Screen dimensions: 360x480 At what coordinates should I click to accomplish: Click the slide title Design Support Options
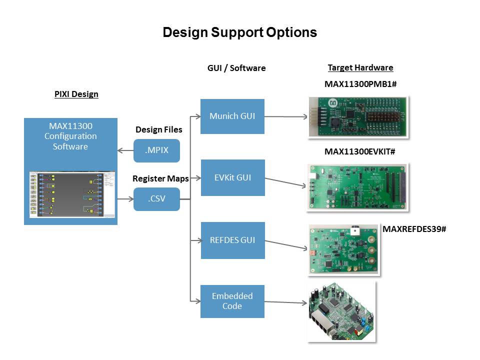tap(239, 32)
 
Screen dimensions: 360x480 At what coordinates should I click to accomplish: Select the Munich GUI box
tap(232, 116)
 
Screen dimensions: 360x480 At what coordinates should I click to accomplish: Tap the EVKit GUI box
tap(232, 177)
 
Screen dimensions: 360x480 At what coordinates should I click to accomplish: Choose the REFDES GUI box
tap(232, 240)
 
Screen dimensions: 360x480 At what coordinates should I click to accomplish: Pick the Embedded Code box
tap(232, 301)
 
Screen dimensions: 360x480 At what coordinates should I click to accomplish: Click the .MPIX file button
tap(156, 150)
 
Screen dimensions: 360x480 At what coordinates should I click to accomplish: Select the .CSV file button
tap(156, 199)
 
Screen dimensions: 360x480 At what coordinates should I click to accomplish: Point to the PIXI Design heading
tap(76, 94)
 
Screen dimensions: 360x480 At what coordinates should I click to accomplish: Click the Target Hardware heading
tap(360, 68)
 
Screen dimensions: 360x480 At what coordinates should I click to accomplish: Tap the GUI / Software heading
tap(236, 68)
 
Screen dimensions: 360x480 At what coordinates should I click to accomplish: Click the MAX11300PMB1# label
tap(360, 84)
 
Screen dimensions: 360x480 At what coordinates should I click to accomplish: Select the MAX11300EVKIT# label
tap(360, 151)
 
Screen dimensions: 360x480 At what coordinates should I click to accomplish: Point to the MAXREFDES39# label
tap(414, 229)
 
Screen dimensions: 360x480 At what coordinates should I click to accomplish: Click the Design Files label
tap(159, 130)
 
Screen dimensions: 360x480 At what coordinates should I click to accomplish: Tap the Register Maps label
tap(160, 178)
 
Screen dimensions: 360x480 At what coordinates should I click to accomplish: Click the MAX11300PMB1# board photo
tap(358, 116)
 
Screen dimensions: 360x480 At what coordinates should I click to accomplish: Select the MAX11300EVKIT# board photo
tap(358, 186)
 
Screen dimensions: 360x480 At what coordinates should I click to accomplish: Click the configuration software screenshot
tap(70, 194)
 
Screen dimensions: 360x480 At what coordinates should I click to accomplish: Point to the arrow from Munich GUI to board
tap(285, 117)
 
